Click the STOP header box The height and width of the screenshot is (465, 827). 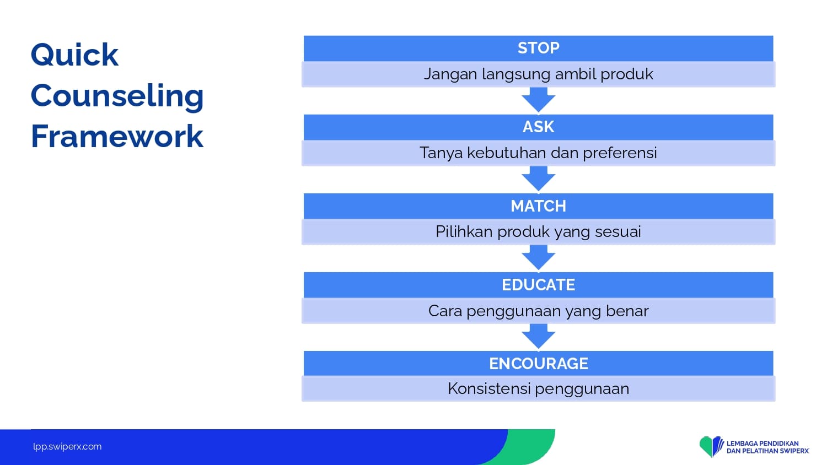pos(538,48)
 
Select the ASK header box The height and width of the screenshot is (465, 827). pos(538,127)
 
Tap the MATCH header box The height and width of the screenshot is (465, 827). pos(538,206)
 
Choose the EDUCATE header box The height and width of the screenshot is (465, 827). pos(538,285)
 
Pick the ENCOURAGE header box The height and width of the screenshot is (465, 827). pos(538,364)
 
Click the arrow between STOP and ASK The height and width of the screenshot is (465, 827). pos(538,100)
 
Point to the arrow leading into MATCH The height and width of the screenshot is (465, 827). pos(538,179)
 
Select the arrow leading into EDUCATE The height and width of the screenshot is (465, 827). pos(538,258)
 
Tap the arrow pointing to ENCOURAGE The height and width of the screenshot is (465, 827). pos(538,336)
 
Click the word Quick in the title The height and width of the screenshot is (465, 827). pos(74,55)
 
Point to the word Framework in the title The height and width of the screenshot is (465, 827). pos(117,136)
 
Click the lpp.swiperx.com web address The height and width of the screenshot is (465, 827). pos(67,447)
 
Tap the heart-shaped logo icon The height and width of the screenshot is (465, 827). pos(711,447)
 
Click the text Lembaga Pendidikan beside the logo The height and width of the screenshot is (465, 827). pos(762,443)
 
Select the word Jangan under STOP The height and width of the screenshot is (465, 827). pos(450,75)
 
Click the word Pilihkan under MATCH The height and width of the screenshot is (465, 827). pos(464,231)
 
